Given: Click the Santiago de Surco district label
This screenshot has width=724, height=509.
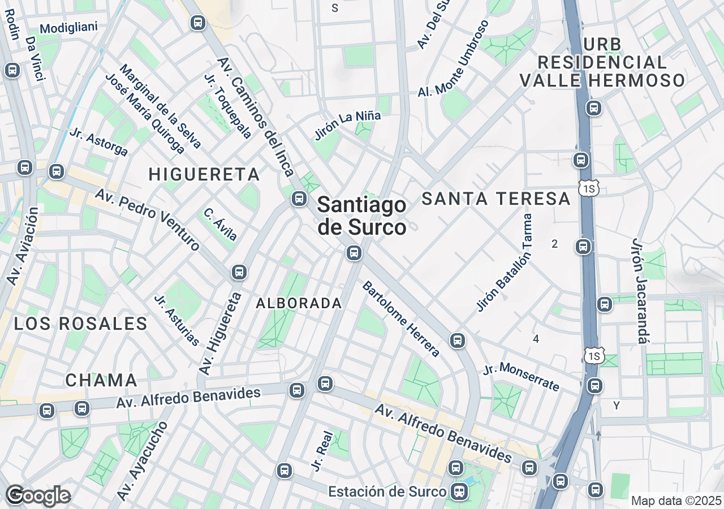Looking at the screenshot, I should coord(361,216).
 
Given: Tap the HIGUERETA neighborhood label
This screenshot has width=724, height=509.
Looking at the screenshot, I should coord(204,175).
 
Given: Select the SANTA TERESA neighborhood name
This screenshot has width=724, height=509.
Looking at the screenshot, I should coord(496,199).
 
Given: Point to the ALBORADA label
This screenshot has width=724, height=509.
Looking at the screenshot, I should coord(299,304).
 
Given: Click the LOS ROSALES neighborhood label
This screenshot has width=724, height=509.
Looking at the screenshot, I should coord(80,324).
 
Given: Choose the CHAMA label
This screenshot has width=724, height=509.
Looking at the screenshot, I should coord(101,380).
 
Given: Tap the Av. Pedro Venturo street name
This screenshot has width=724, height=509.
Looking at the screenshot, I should coord(148,220).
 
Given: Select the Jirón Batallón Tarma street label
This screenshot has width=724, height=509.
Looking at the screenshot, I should coord(505,262).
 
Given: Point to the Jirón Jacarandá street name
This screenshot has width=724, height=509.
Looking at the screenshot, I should coord(640,291).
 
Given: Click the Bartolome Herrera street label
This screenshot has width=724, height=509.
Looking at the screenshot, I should coord(401,319).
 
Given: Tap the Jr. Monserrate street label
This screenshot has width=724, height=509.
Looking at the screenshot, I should coord(521,377).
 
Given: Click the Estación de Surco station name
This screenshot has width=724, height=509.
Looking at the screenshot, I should coord(387,491).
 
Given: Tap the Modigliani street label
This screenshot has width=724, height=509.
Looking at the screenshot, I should coord(69,28).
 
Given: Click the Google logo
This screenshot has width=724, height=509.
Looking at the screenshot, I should coord(38,495).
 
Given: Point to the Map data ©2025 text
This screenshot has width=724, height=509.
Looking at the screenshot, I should coord(676,501).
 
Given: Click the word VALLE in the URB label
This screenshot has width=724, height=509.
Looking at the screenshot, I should coord(550,80).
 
